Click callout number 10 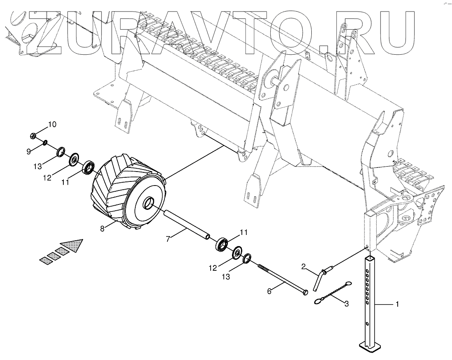(52, 124)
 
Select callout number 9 (29, 151)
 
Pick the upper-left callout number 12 (47, 178)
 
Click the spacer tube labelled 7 (187, 224)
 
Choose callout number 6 (269, 291)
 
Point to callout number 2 (303, 267)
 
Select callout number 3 (346, 304)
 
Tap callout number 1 (397, 305)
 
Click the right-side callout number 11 (244, 232)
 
